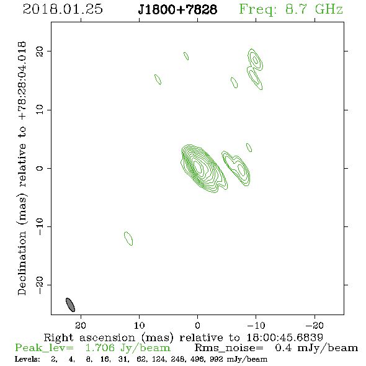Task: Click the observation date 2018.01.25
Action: pyautogui.click(x=63, y=9)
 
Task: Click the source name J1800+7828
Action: pyautogui.click(x=177, y=9)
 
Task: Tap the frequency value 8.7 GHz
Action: pyautogui.click(x=314, y=9)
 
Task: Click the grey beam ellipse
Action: pyautogui.click(x=70, y=305)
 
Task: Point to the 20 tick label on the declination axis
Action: pyautogui.click(x=40, y=51)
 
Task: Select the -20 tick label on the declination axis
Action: pyautogui.click(x=40, y=285)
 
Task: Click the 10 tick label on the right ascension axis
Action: pyautogui.click(x=140, y=326)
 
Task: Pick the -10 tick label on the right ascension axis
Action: pyautogui.click(x=256, y=326)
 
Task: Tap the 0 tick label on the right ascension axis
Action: pyautogui.click(x=197, y=326)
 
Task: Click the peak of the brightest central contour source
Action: pyautogui.click(x=198, y=167)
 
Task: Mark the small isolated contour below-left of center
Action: pyautogui.click(x=128, y=238)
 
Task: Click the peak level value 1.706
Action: pyautogui.click(x=100, y=348)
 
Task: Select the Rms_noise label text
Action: pyautogui.click(x=229, y=348)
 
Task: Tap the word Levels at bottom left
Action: pyautogui.click(x=27, y=359)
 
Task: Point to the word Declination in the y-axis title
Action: pyautogui.click(x=22, y=263)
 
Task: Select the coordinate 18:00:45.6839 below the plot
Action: pyautogui.click(x=285, y=337)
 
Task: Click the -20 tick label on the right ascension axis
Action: pyautogui.click(x=315, y=326)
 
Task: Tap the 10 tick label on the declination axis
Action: pyautogui.click(x=40, y=110)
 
